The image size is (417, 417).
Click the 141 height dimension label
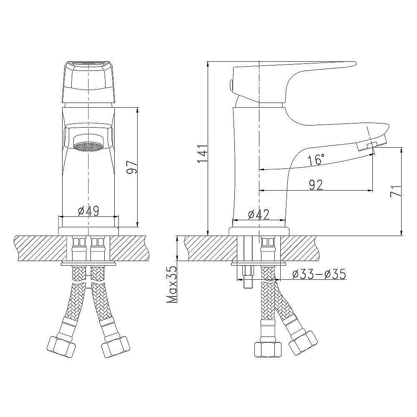point(201,154)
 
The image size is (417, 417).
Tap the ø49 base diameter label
point(88,211)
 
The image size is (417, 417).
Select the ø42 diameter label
point(259,215)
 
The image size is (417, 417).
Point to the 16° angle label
point(316,160)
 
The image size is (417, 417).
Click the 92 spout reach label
point(316,185)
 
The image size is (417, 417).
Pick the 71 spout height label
point(396,191)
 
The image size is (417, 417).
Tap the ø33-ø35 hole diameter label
point(319,274)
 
